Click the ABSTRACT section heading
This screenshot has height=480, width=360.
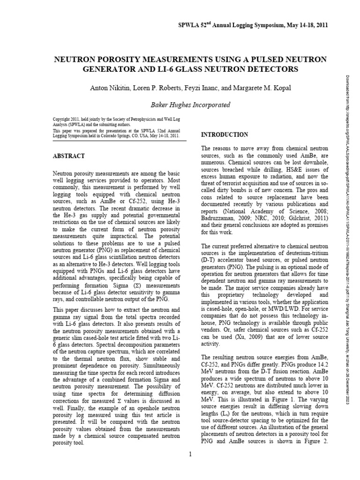(68, 156)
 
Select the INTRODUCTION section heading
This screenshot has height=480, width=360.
(225, 135)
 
